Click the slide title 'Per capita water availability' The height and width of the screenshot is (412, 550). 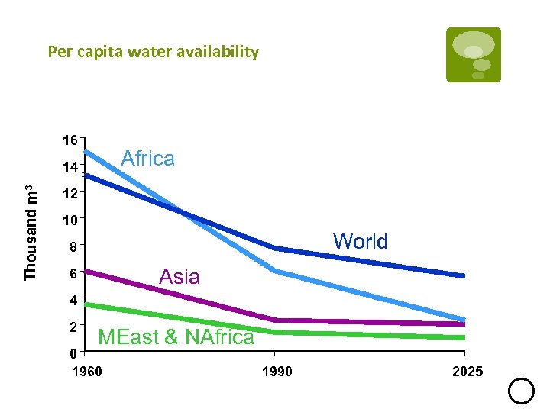[153, 52]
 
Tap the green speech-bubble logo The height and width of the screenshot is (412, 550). [474, 54]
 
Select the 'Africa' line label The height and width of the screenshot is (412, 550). [148, 159]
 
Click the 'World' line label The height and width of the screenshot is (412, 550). [360, 242]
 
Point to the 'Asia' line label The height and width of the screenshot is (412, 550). [180, 276]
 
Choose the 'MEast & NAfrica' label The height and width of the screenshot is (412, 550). [176, 336]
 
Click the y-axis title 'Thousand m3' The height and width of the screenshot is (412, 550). [31, 232]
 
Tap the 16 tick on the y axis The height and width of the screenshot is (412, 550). [70, 140]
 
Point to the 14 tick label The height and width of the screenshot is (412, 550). [70, 167]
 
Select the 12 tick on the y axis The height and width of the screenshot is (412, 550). [70, 194]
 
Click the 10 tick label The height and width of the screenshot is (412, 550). [70, 220]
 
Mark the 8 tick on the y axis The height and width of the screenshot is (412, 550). [71, 247]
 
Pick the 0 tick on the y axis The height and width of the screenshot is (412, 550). [71, 353]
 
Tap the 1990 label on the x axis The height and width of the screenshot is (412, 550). [275, 372]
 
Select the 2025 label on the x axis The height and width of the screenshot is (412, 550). [467, 372]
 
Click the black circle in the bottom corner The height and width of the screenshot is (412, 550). [521, 391]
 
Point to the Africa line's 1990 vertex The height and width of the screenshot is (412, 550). [274, 271]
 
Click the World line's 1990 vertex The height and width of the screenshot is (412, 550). [274, 248]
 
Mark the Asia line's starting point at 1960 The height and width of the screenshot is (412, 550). [86, 270]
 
